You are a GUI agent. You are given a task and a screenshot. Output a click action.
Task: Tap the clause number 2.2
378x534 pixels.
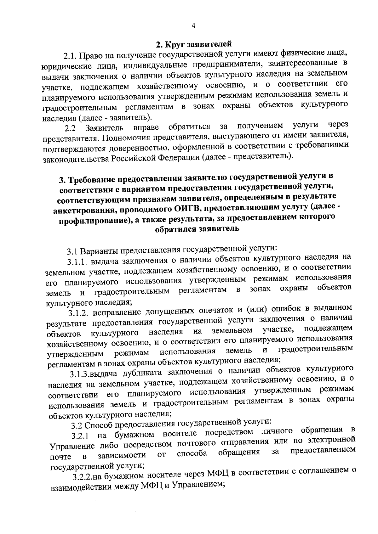tap(70, 129)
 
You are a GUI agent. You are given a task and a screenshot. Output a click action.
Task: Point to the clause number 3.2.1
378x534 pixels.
tap(80, 436)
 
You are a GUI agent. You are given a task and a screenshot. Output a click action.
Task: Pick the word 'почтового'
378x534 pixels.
tap(202, 443)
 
